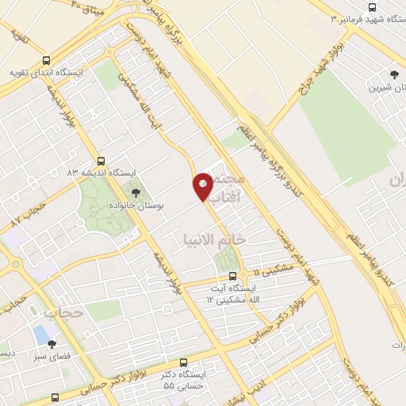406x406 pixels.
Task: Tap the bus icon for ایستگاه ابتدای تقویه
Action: [x=45, y=60]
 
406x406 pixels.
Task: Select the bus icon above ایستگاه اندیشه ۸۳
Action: [x=100, y=160]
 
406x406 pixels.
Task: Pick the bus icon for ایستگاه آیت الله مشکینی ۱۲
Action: [x=232, y=277]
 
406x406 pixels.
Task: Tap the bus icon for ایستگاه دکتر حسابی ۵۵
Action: [x=184, y=361]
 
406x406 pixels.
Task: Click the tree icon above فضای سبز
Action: [x=52, y=344]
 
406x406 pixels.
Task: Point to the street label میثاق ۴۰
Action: [x=88, y=8]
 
